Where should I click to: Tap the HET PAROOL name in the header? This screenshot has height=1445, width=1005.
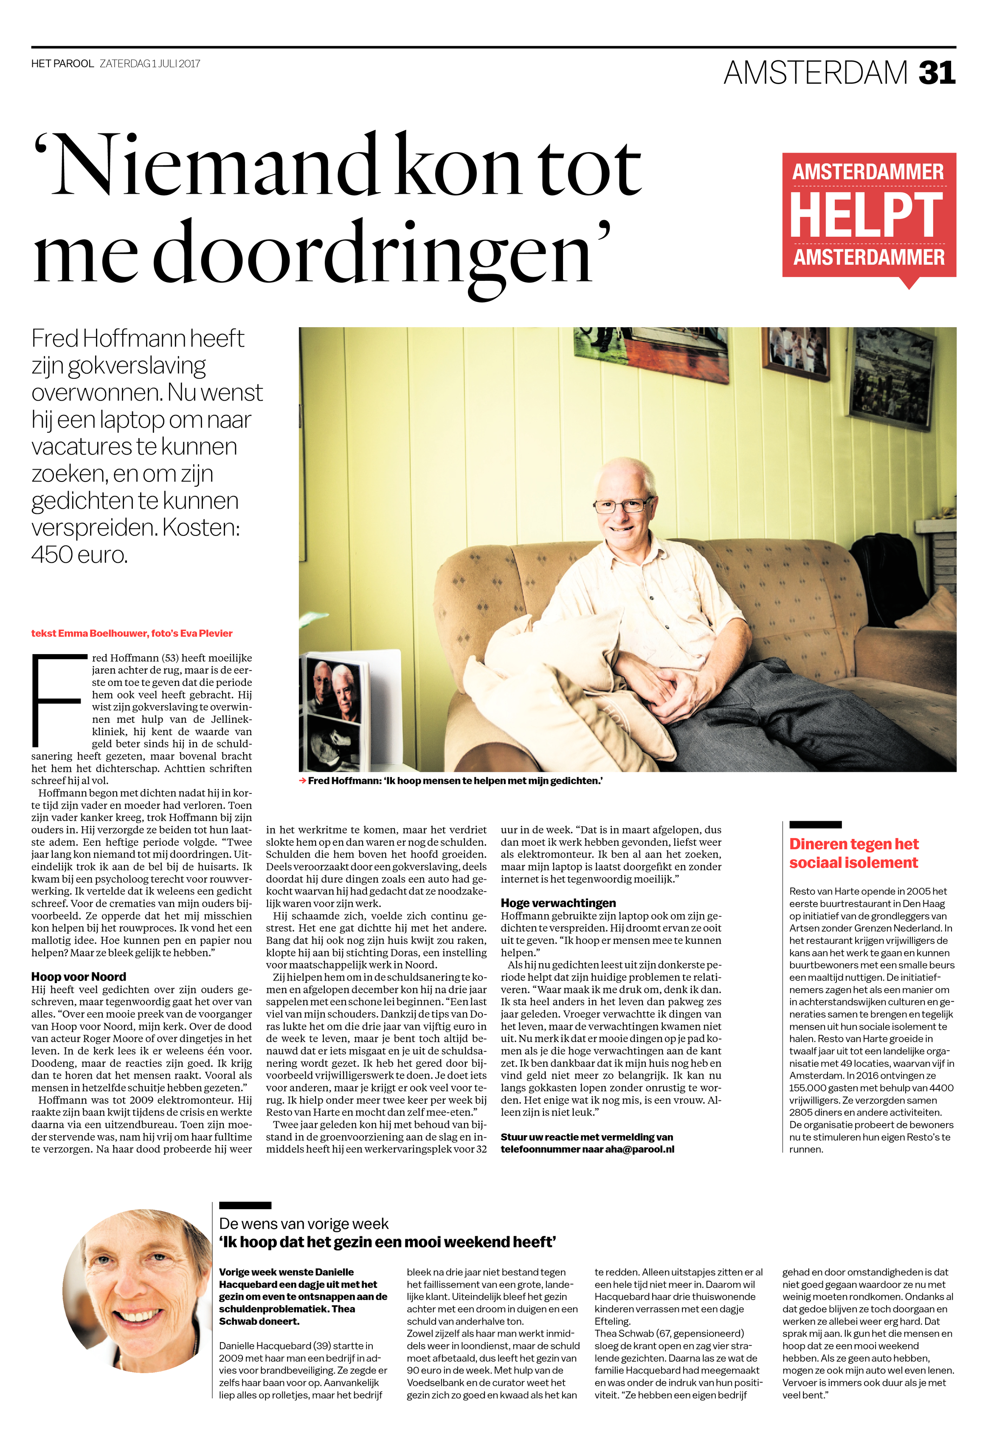pyautogui.click(x=62, y=64)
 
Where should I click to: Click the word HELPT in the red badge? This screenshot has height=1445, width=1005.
pyautogui.click(x=866, y=215)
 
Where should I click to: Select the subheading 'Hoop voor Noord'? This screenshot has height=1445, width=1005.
pyautogui.click(x=79, y=976)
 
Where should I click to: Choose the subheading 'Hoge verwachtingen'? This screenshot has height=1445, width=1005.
pyautogui.click(x=558, y=903)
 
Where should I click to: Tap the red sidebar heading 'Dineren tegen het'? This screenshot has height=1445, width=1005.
pyautogui.click(x=853, y=844)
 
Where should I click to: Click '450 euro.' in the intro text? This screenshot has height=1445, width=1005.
pyautogui.click(x=79, y=555)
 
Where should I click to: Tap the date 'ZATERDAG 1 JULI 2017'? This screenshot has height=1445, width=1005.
pyautogui.click(x=150, y=64)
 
